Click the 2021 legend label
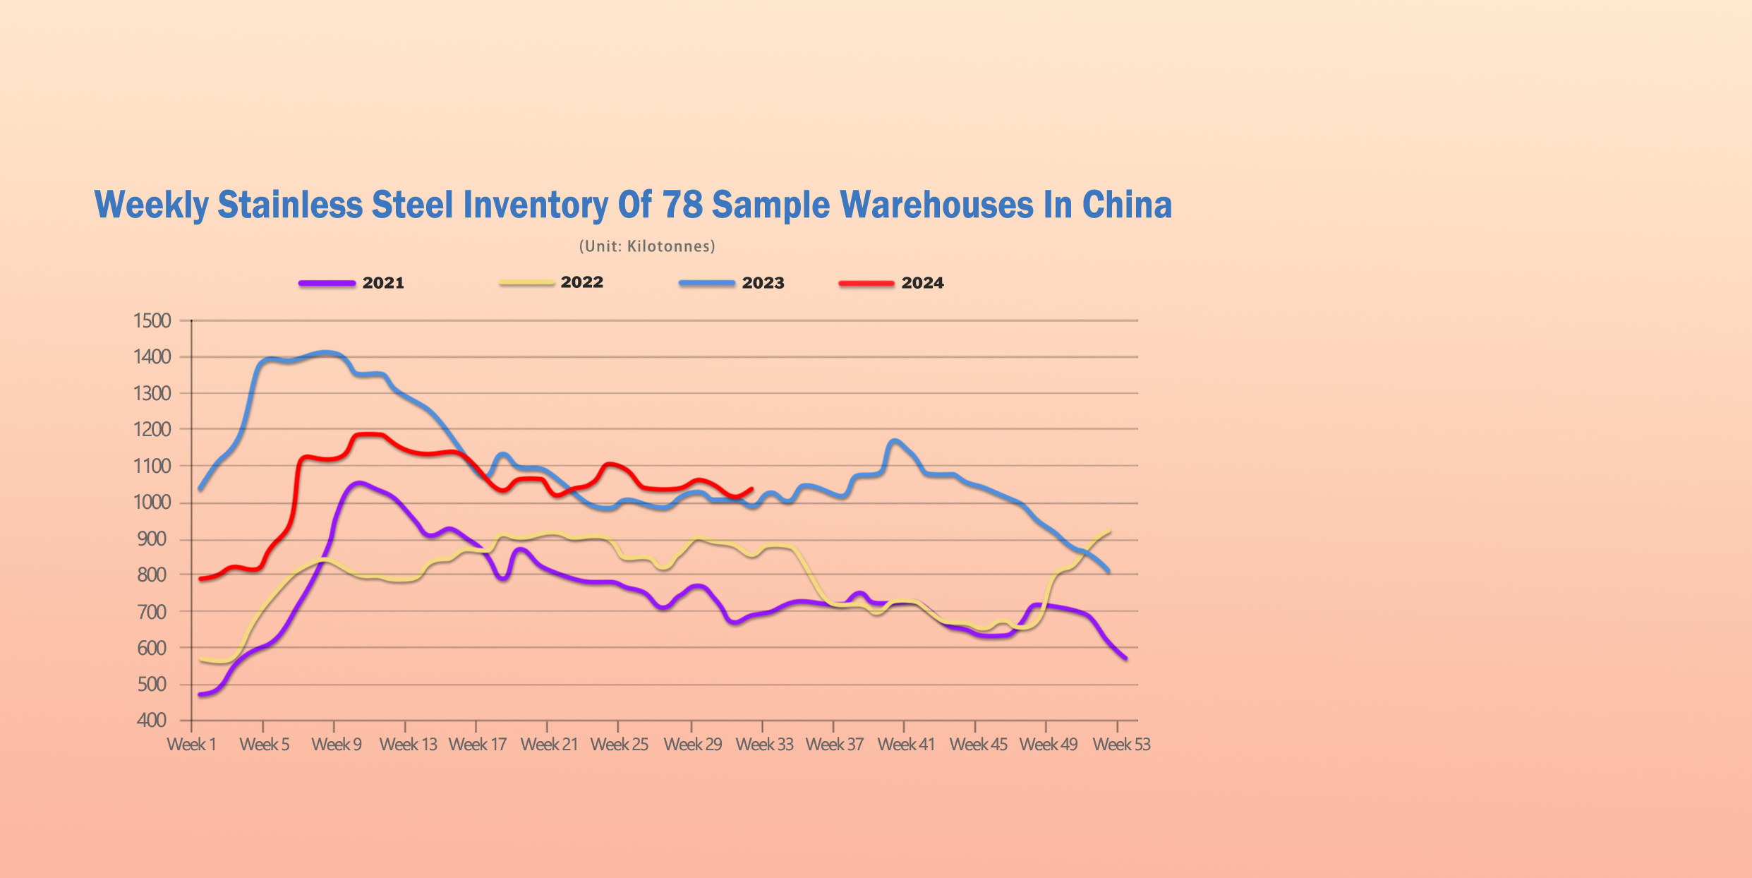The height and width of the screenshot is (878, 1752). pyautogui.click(x=383, y=283)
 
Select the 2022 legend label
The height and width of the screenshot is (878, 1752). pyautogui.click(x=581, y=282)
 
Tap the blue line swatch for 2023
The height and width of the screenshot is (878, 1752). pyautogui.click(x=706, y=283)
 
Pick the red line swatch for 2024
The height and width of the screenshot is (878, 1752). pyautogui.click(x=866, y=284)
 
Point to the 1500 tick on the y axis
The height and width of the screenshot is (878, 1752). pyautogui.click(x=152, y=320)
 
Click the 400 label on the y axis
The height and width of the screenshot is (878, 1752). pyautogui.click(x=152, y=721)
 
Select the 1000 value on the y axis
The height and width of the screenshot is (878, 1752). pyautogui.click(x=152, y=503)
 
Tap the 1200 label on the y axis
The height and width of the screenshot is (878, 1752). pyautogui.click(x=152, y=429)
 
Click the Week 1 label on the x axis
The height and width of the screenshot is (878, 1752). pyautogui.click(x=191, y=745)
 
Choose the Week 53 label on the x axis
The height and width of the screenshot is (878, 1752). pyautogui.click(x=1121, y=745)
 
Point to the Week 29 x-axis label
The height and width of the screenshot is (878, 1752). pyautogui.click(x=692, y=745)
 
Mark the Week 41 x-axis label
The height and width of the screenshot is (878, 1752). pyautogui.click(x=905, y=745)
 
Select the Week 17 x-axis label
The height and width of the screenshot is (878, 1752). pyautogui.click(x=478, y=745)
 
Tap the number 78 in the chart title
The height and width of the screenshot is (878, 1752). pyautogui.click(x=682, y=205)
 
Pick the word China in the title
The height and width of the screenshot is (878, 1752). pyautogui.click(x=1127, y=205)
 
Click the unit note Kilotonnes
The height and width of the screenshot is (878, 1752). pyautogui.click(x=670, y=246)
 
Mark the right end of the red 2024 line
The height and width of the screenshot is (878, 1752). pyautogui.click(x=752, y=488)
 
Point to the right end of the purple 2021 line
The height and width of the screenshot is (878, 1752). pyautogui.click(x=1125, y=658)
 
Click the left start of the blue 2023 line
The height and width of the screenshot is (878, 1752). pyautogui.click(x=200, y=488)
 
